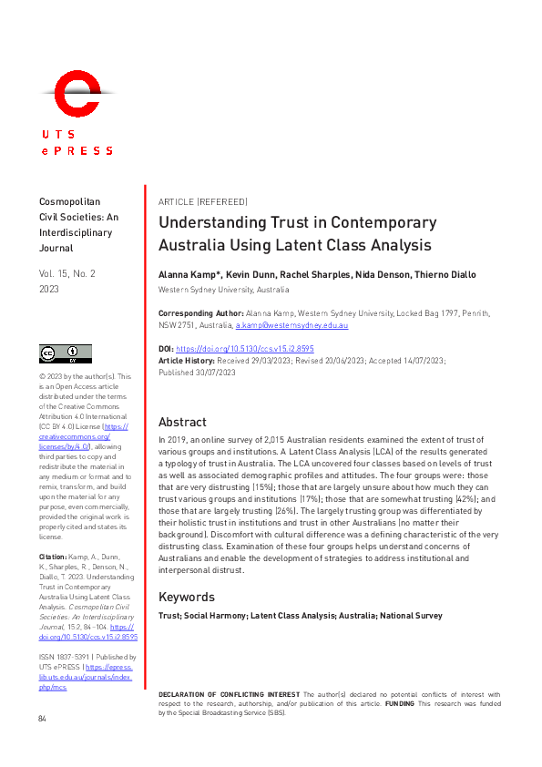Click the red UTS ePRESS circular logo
click(x=77, y=96)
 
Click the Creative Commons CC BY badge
click(x=65, y=353)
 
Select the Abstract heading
click(x=182, y=422)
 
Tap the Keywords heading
click(x=187, y=597)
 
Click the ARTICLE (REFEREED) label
click(x=202, y=201)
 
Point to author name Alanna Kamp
click(x=189, y=274)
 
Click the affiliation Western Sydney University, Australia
click(x=224, y=290)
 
